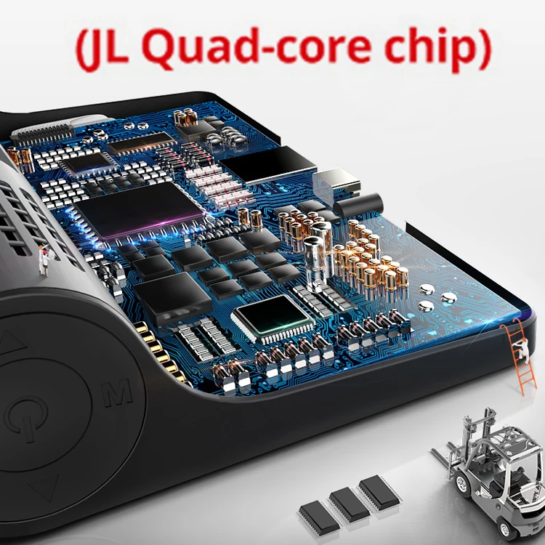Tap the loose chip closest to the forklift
[379, 491]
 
